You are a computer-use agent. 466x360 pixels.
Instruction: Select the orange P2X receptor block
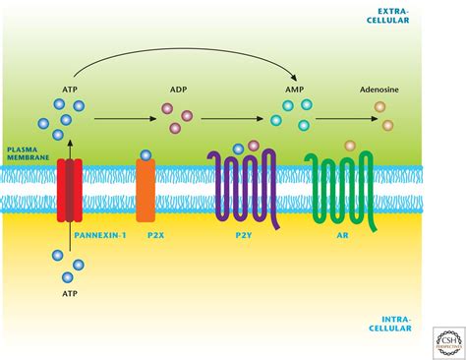coord(146,189)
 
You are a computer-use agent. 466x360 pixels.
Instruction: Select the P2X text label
coord(146,237)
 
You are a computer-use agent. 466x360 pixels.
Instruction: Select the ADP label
coord(179,89)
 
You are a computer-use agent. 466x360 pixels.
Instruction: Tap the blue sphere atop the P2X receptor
coord(146,154)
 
